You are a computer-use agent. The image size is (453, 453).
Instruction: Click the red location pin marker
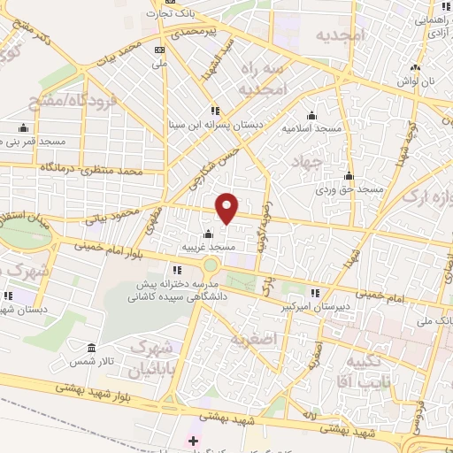pyautogui.click(x=227, y=208)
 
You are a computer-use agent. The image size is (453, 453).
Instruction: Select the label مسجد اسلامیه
pyautogui.click(x=311, y=128)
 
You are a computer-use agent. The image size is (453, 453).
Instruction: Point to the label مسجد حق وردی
pyautogui.click(x=350, y=189)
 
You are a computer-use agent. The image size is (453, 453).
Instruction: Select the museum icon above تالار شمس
pyautogui.click(x=92, y=348)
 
